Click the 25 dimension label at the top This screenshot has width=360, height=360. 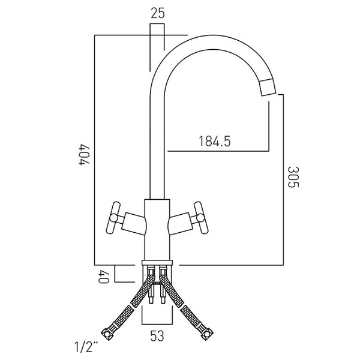[x=158, y=13]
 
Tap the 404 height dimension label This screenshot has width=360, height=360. [x=84, y=154]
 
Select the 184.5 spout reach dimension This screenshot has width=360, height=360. [x=214, y=141]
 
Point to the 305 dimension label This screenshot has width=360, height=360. [x=293, y=177]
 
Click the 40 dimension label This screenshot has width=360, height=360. [x=103, y=277]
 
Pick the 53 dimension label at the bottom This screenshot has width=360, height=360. [x=157, y=336]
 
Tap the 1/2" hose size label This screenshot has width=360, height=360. [x=86, y=347]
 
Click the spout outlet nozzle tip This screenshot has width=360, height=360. [x=268, y=87]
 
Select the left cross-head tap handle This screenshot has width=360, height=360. [x=113, y=218]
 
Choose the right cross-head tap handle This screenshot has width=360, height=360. [x=201, y=218]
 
